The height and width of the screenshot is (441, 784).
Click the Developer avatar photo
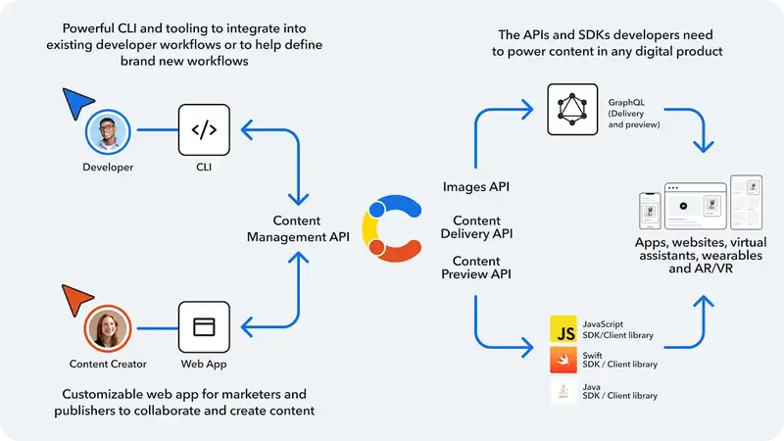click(x=108, y=132)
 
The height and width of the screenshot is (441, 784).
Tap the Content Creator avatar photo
click(x=108, y=329)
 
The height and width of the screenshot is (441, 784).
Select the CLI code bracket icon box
click(x=203, y=129)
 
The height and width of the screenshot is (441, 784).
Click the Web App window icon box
click(x=203, y=327)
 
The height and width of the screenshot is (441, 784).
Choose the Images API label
click(x=476, y=186)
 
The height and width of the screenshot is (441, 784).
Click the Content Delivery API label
click(x=476, y=227)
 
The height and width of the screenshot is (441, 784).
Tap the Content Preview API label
click(x=476, y=268)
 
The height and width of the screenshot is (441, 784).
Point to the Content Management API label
click(x=297, y=228)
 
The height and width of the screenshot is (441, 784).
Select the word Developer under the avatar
click(x=108, y=168)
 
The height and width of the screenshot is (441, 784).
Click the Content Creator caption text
click(x=108, y=365)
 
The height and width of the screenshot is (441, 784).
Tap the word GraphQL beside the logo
click(x=627, y=100)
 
